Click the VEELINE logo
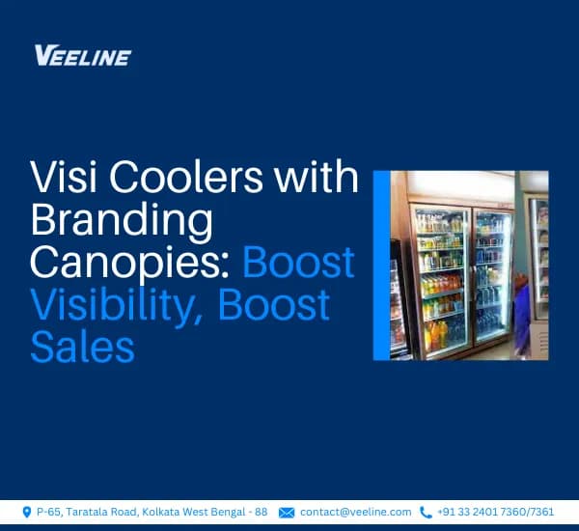tap(82, 55)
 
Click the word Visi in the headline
tap(61, 182)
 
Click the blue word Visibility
tap(117, 305)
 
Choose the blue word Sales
tap(82, 346)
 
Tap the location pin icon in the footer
tap(26, 512)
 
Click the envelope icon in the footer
tap(287, 512)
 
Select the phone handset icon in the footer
tap(426, 512)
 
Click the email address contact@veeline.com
tap(355, 512)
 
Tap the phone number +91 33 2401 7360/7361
tap(496, 512)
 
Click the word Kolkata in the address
tap(163, 512)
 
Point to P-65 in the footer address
tap(48, 512)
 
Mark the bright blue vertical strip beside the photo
tap(380, 265)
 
